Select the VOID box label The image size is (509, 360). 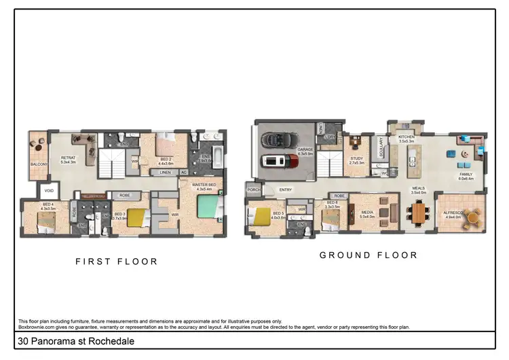pos(48,191)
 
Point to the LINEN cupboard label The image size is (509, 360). pos(164,173)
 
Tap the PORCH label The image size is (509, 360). pos(254,190)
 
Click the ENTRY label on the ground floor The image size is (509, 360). pos(286,190)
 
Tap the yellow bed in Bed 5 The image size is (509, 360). pos(263,217)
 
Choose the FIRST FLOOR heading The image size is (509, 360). pos(116,261)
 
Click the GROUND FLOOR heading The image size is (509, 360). pos(369,255)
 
